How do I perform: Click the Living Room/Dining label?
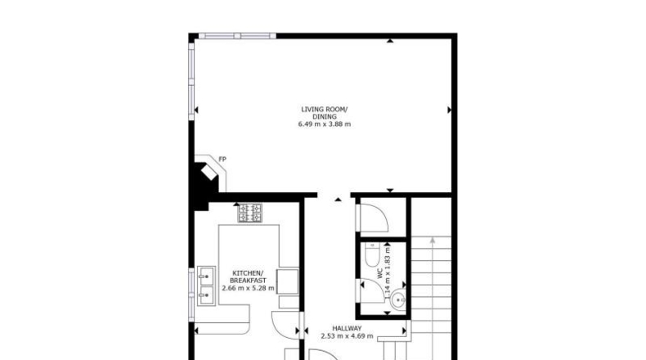(325, 113)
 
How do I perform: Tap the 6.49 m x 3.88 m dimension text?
(325, 124)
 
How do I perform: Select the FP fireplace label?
(222, 160)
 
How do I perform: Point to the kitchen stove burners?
(249, 213)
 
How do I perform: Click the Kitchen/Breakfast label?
(248, 277)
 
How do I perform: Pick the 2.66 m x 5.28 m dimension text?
(248, 288)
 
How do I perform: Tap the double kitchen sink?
(206, 286)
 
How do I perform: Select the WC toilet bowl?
(372, 254)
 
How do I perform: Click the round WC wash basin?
(398, 300)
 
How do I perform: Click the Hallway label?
(347, 328)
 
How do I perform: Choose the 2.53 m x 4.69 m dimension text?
(347, 336)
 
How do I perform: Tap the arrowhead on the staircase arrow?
(433, 240)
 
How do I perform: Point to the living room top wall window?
(237, 36)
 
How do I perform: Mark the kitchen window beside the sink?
(191, 295)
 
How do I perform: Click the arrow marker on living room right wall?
(449, 110)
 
